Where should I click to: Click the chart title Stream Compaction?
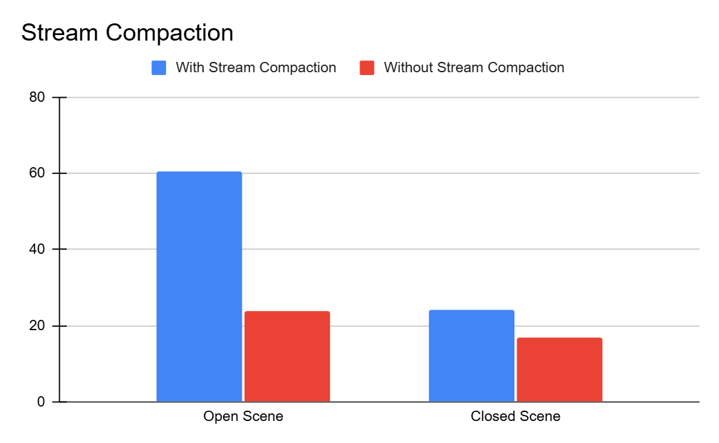127,32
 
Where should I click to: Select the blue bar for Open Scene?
199,286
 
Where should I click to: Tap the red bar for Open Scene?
287,356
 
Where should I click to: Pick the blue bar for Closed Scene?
471,356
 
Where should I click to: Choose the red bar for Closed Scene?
559,369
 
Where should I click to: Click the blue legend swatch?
159,67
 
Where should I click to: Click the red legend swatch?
367,67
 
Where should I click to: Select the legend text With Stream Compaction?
256,67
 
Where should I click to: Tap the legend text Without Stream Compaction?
474,67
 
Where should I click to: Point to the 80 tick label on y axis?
38,98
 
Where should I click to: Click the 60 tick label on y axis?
38,173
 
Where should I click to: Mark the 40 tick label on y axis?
38,250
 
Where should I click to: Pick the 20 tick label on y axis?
38,326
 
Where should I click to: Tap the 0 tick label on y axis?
41,402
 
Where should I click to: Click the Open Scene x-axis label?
243,416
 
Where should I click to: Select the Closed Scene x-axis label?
515,416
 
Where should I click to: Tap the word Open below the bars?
219,417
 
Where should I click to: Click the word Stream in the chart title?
57,32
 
